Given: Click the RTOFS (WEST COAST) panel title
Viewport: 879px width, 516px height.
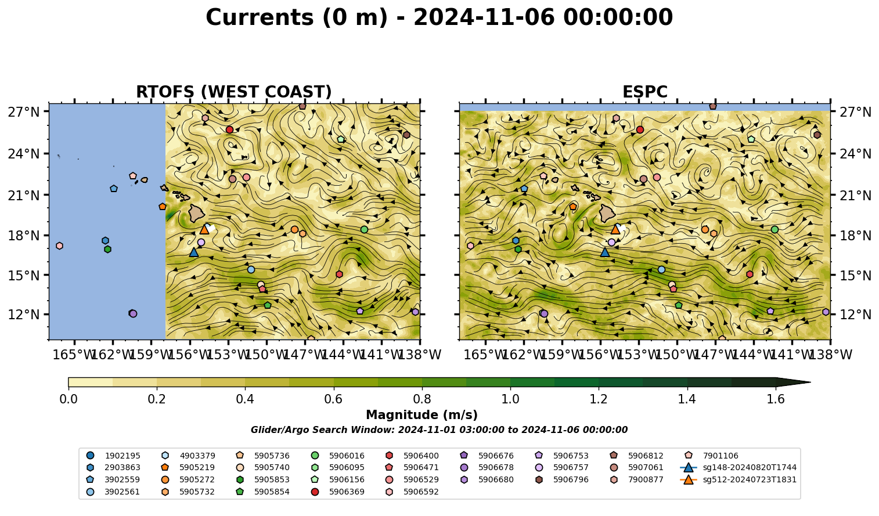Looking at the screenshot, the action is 234,92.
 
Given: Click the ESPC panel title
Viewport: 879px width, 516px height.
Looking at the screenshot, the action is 644,92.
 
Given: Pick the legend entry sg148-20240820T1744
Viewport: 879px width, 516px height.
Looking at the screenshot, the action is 738,467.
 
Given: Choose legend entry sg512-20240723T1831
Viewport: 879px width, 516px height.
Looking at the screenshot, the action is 738,479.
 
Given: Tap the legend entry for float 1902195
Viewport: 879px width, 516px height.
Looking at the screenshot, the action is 113,456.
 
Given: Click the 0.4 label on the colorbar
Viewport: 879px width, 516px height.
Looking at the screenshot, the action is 245,399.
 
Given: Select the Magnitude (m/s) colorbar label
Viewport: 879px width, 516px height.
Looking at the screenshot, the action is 422,415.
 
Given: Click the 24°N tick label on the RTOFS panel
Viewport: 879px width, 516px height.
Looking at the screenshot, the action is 24,153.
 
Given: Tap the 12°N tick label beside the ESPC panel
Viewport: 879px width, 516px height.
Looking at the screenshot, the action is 855,315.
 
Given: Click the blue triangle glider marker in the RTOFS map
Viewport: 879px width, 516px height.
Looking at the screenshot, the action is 194,252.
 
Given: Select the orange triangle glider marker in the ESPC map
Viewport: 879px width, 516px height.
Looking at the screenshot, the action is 615,229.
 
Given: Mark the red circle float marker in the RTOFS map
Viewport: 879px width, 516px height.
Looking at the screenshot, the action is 229,129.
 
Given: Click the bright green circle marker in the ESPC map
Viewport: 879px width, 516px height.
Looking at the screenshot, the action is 774,229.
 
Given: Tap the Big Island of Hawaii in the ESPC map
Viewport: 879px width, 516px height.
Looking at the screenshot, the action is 607,213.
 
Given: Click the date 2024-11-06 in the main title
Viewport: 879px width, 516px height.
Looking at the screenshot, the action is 484,17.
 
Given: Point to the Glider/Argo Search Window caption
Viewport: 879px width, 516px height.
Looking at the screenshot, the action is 439,430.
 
